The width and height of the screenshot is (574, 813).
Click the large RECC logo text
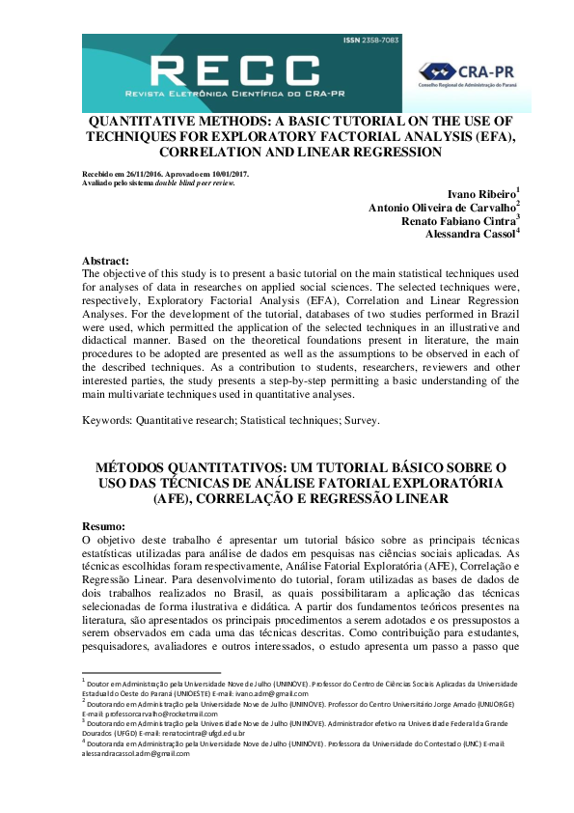235,70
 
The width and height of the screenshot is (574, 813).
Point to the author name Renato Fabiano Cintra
457,220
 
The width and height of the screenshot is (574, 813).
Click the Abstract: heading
106,262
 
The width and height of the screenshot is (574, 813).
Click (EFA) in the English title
493,137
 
